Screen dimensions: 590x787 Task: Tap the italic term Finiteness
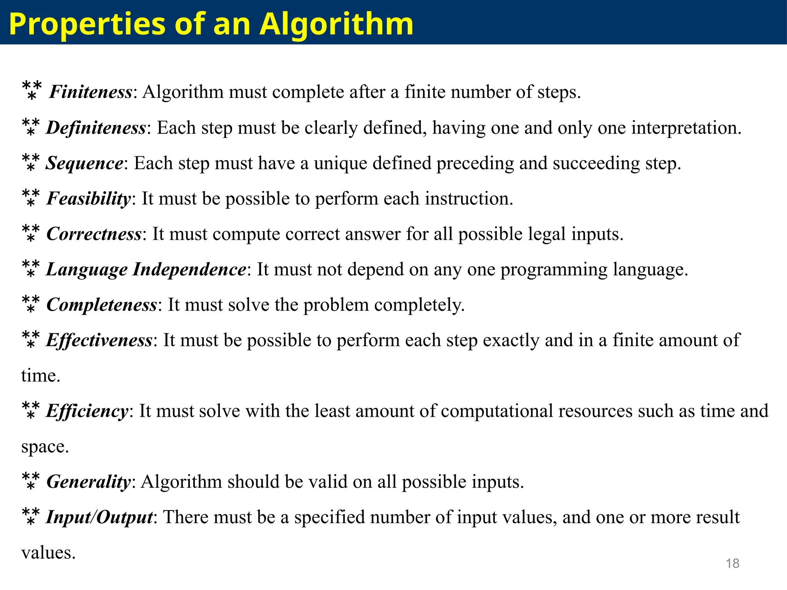coord(91,92)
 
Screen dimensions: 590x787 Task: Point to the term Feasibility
coord(89,199)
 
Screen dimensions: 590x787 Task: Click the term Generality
coord(89,482)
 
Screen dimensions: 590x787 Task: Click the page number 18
coord(732,563)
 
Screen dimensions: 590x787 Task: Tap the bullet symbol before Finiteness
coord(32,90)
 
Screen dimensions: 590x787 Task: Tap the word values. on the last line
coord(48,553)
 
